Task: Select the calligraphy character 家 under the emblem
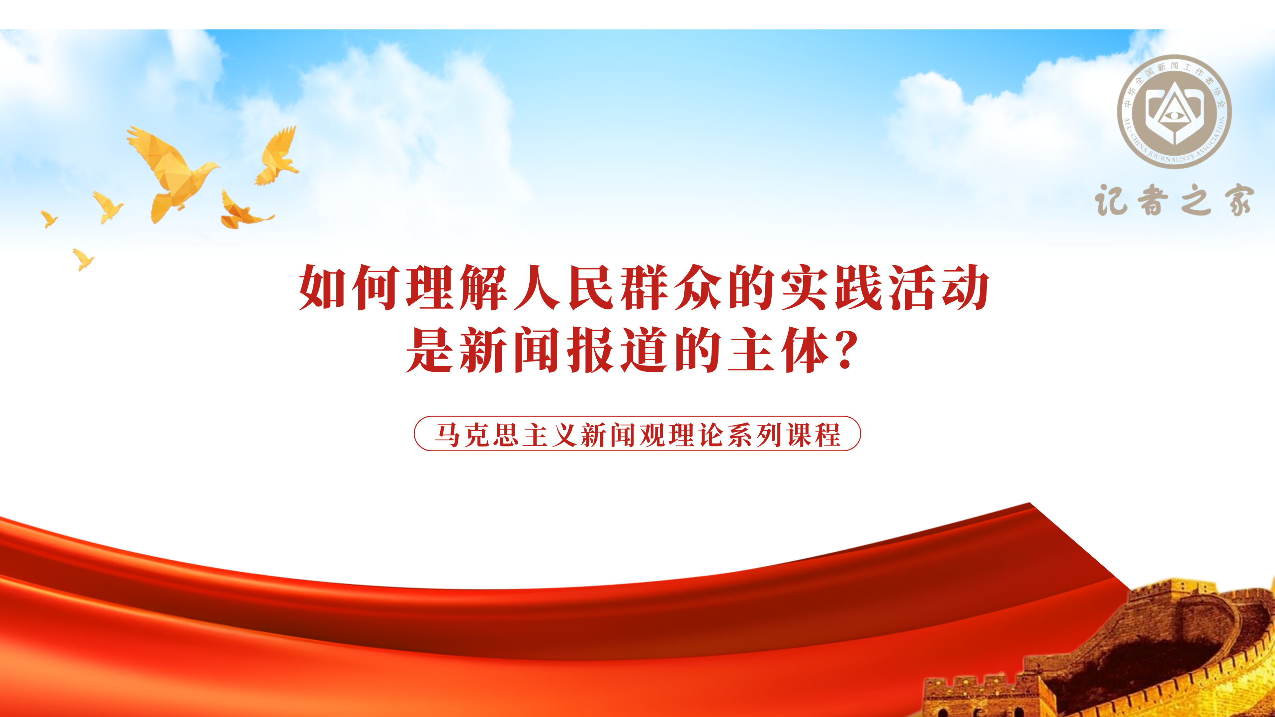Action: (1239, 200)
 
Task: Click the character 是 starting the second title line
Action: (429, 350)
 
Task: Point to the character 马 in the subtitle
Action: (448, 435)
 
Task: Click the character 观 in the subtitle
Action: (652, 435)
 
